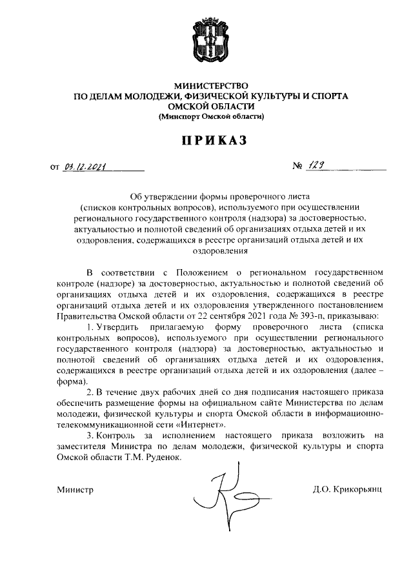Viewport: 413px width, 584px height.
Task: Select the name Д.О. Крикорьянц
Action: [347, 489]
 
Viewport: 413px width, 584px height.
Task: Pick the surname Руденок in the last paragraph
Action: [159, 457]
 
